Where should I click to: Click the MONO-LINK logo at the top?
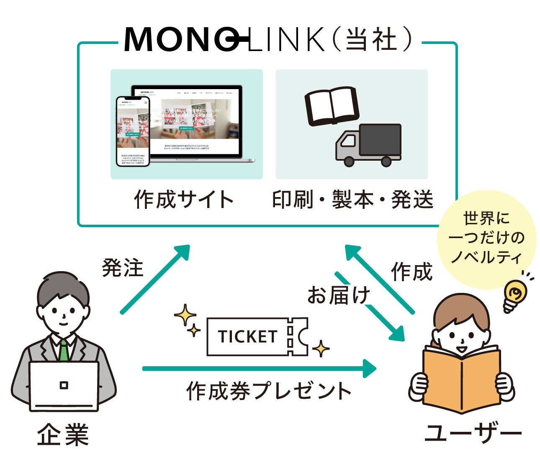224,39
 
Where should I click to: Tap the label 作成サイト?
184,199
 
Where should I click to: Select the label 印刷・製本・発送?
352,200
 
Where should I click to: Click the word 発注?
123,268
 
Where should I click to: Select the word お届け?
339,295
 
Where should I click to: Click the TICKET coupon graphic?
257,336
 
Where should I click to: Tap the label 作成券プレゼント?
269,391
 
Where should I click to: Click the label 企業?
63,435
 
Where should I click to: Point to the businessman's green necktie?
63,351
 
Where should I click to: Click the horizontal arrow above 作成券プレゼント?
260,369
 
